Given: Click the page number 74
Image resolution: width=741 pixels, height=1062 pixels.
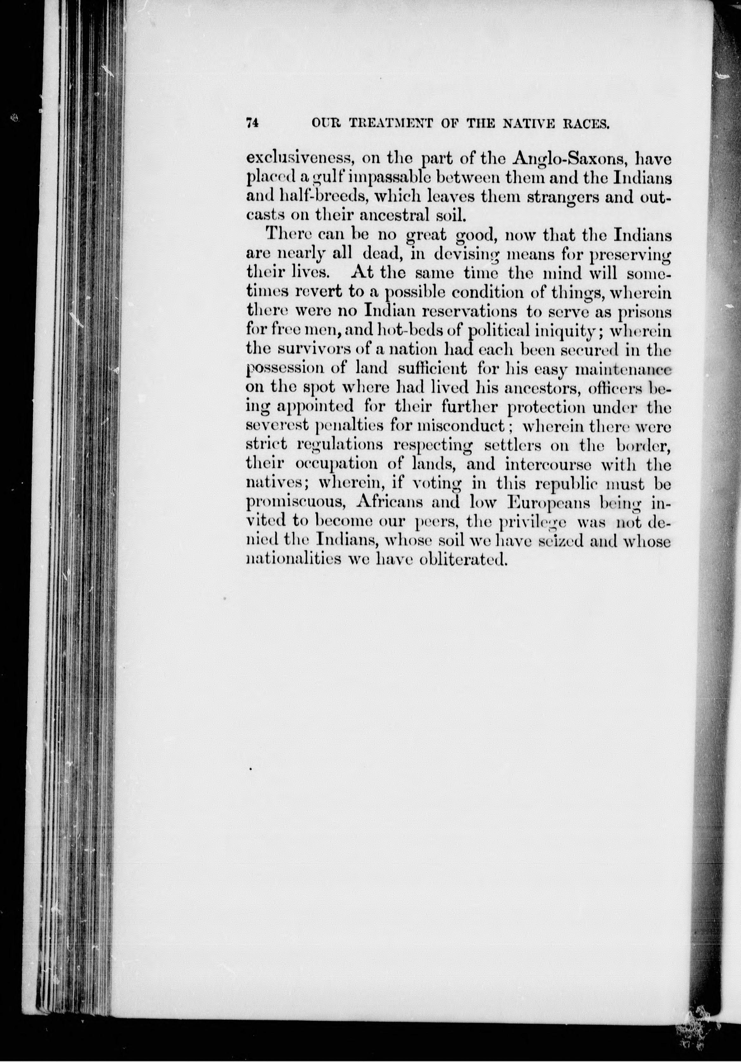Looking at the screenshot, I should click(x=252, y=124).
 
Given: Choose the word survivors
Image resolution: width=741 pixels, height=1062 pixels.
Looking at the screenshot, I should click(x=311, y=350).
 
